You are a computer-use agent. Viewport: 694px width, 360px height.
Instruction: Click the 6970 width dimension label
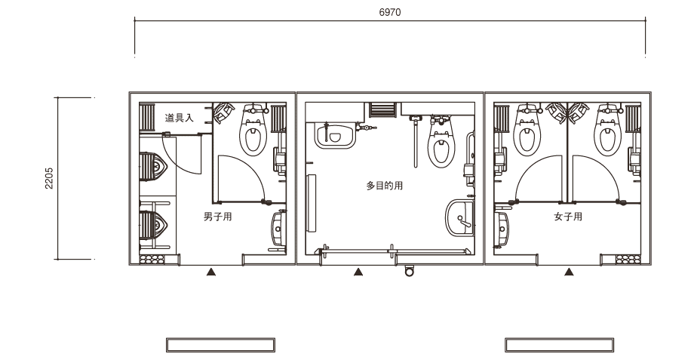coord(390,12)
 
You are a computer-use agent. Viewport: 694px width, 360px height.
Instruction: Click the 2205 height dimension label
coord(49,178)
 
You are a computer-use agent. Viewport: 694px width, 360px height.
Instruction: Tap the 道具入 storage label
coord(180,118)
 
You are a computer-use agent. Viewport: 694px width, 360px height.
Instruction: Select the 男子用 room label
coord(218,217)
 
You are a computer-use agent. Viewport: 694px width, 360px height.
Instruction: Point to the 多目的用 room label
coord(385,186)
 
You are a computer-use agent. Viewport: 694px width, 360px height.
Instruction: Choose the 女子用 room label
coord(568,217)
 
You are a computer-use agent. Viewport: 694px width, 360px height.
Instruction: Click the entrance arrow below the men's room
coord(211,272)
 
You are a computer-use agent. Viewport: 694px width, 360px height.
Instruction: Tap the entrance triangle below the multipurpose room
coord(358,272)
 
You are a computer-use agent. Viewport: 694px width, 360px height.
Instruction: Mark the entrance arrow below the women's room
coord(570,272)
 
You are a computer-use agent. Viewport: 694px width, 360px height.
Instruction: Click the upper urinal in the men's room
coord(153,167)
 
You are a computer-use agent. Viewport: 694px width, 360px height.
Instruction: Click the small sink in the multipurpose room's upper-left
coord(336,135)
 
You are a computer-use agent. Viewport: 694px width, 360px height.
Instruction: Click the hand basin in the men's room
coord(278,229)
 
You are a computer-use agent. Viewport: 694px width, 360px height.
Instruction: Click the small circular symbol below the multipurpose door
coord(410,270)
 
